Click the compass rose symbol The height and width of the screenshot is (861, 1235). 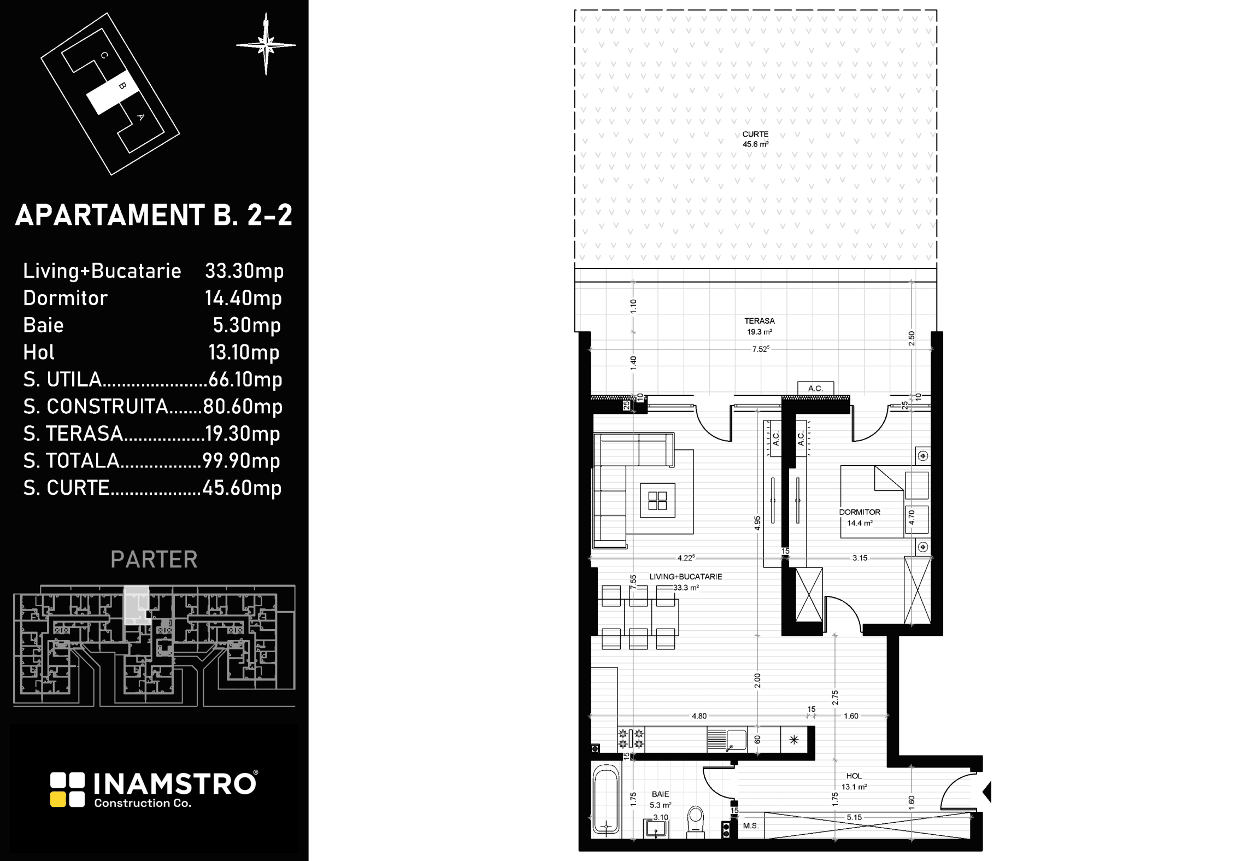pyautogui.click(x=266, y=45)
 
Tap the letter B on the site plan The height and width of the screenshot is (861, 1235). pyautogui.click(x=122, y=86)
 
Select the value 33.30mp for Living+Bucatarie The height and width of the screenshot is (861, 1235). pyautogui.click(x=244, y=271)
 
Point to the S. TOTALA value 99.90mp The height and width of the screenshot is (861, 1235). pyautogui.click(x=242, y=461)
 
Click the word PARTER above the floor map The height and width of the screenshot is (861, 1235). pyautogui.click(x=154, y=559)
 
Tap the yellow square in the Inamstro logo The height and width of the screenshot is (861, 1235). pyautogui.click(x=57, y=799)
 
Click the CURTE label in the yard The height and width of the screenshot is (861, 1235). pyautogui.click(x=755, y=134)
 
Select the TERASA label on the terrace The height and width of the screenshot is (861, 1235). pyautogui.click(x=760, y=321)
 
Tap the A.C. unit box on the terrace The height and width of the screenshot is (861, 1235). pyautogui.click(x=815, y=388)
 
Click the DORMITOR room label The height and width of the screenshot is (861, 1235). pyautogui.click(x=860, y=512)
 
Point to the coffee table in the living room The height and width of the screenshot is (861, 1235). pyautogui.click(x=657, y=500)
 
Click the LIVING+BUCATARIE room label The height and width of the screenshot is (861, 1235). pyautogui.click(x=686, y=576)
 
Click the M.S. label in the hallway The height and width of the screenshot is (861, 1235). pyautogui.click(x=751, y=825)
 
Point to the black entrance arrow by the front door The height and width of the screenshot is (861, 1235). pyautogui.click(x=987, y=791)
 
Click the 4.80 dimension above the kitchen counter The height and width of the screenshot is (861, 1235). pyautogui.click(x=699, y=716)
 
